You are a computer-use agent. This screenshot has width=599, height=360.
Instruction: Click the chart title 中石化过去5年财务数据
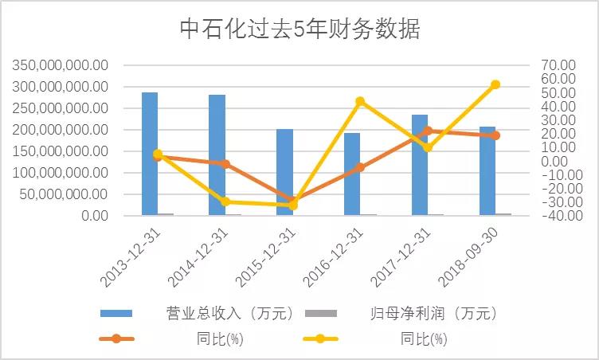299,29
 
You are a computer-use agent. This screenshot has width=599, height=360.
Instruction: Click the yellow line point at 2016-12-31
360,101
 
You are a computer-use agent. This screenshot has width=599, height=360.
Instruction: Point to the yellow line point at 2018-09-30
495,84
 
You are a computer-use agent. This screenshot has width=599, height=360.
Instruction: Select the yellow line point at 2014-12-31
225,202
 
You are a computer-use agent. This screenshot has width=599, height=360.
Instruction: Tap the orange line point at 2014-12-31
225,164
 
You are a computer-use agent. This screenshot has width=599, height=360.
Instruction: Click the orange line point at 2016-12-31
360,167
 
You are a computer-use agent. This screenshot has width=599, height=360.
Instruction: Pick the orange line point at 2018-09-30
495,135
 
